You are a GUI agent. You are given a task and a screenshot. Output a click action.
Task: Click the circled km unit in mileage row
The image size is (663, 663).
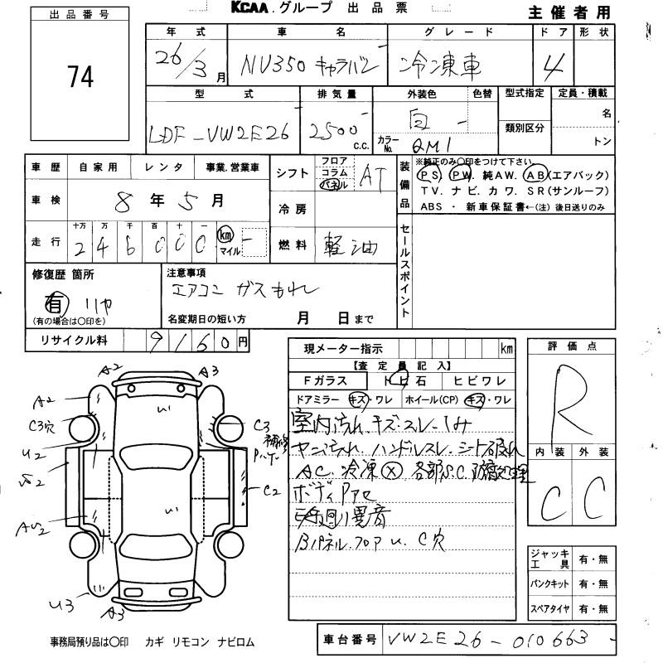pyautogui.click(x=225, y=235)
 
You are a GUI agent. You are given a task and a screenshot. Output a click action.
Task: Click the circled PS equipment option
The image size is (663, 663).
pyautogui.click(x=428, y=176)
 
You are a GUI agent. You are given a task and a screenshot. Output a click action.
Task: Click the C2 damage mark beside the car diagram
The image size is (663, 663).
pyautogui.click(x=273, y=491)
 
